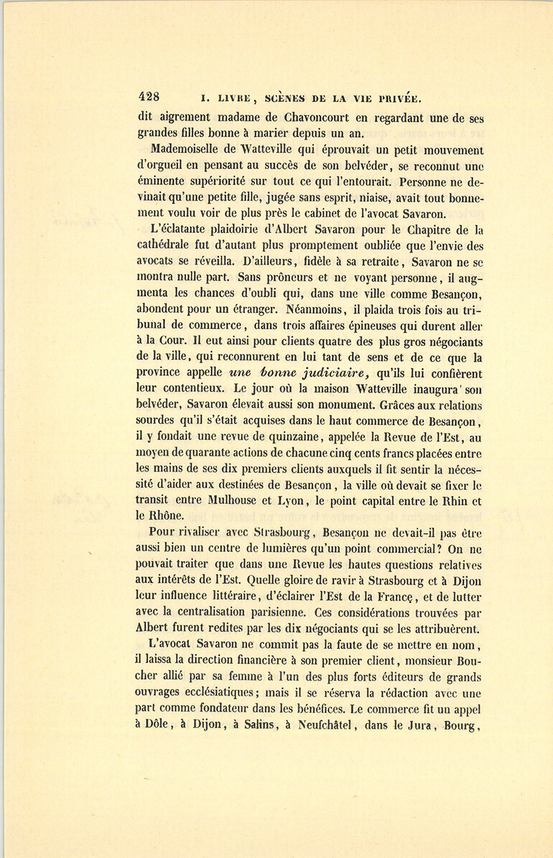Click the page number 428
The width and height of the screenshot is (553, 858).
point(149,96)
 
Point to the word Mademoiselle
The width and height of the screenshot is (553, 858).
point(188,150)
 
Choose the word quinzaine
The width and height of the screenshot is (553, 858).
point(294,438)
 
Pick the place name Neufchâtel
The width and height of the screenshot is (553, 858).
point(324,724)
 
